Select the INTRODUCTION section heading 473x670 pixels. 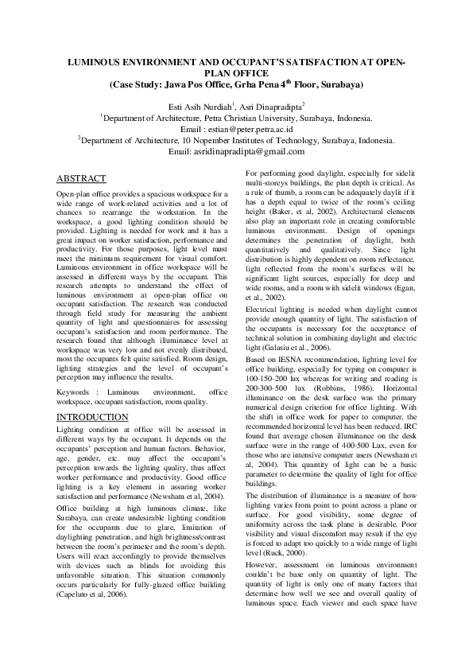pos(93,417)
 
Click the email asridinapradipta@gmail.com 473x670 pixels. pos(254,151)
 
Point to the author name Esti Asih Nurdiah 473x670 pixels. pos(207,105)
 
